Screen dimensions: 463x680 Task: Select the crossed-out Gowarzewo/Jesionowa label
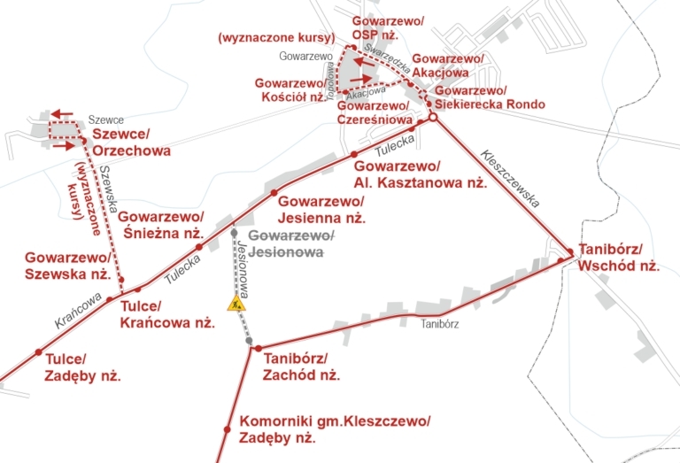pyautogui.click(x=292, y=243)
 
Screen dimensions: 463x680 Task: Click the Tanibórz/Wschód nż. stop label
pyautogui.click(x=619, y=257)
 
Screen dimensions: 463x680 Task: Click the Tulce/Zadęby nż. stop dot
pyautogui.click(x=38, y=351)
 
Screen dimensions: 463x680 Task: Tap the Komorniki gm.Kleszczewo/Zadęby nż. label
pyautogui.click(x=335, y=428)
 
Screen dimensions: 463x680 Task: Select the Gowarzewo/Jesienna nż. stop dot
pyautogui.click(x=274, y=192)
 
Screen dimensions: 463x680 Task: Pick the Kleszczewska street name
pyautogui.click(x=510, y=177)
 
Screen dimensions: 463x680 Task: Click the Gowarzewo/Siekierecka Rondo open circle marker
pyautogui.click(x=433, y=117)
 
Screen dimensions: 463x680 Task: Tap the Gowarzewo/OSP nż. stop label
pyautogui.click(x=389, y=27)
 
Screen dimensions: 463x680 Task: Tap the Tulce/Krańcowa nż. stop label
pyautogui.click(x=167, y=315)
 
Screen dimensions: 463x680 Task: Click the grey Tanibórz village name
pyautogui.click(x=437, y=324)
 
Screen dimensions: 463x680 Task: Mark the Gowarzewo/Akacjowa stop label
pyautogui.click(x=448, y=66)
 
